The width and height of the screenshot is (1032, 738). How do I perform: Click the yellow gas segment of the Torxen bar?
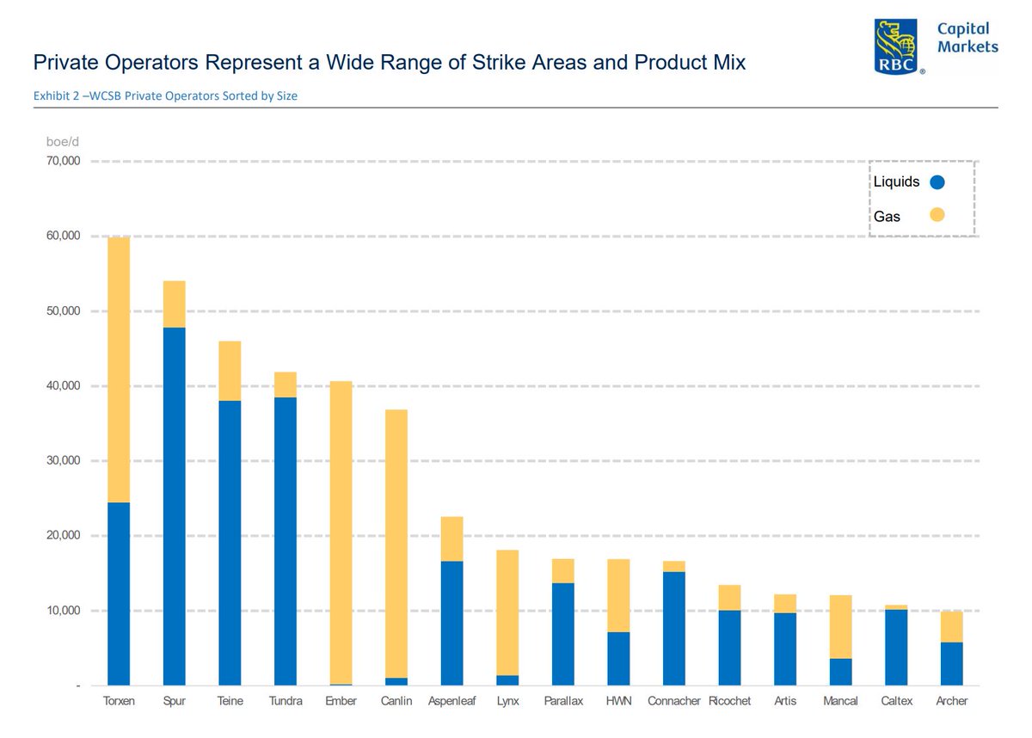[119, 370]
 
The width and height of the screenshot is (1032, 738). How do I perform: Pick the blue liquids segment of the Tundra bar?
[285, 541]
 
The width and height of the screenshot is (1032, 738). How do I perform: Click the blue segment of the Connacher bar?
[674, 628]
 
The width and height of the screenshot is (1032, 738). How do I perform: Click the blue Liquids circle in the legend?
[937, 182]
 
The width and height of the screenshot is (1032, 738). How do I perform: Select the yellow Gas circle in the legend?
[937, 215]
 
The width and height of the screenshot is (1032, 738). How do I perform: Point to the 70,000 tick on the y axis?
[63, 162]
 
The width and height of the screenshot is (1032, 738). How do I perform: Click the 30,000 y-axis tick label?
[63, 461]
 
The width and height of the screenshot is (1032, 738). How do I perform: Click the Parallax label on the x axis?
[563, 701]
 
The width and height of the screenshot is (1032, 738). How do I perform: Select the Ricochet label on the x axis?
[729, 701]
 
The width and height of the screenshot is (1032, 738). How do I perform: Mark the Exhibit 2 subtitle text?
[165, 96]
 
